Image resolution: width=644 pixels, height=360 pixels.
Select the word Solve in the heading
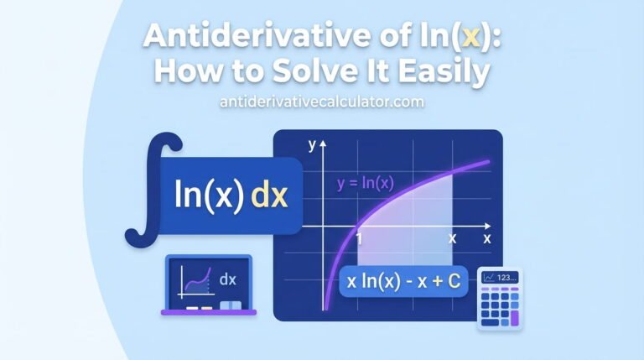coord(314,73)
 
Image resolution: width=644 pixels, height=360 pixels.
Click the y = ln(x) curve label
coord(365,183)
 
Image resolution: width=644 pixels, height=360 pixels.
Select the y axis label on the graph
coord(311,145)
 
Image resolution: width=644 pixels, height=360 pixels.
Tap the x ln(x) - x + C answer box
coord(404,282)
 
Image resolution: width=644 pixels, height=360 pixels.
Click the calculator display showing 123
coord(500,278)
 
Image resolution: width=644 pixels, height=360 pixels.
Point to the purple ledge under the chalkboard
coord(209,311)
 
